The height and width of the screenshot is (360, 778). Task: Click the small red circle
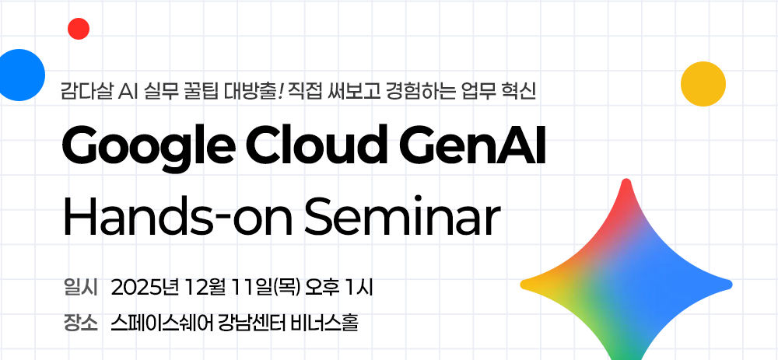point(79,29)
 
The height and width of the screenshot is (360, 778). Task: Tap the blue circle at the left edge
point(20,75)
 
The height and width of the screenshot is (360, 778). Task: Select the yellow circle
point(703,84)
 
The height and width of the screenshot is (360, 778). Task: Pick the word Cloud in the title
point(316,144)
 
